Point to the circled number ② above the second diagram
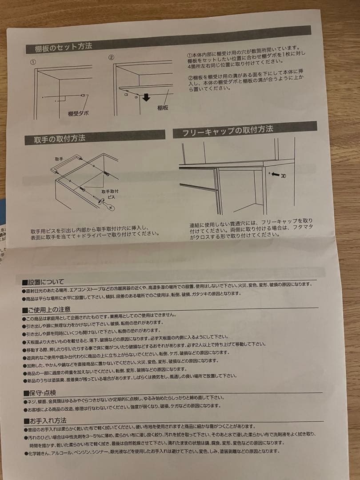click(x=111, y=58)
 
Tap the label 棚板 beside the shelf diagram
click(x=162, y=108)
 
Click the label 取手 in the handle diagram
click(x=60, y=159)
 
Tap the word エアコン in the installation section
click(x=114, y=290)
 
